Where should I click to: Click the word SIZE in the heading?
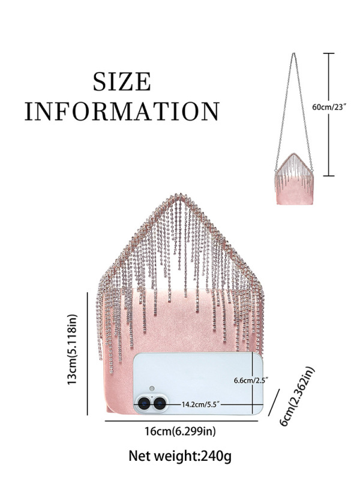point(121,82)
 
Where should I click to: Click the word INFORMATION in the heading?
point(121,112)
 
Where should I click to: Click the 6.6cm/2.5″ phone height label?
point(250,380)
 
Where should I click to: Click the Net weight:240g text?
point(180,457)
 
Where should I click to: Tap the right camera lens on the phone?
point(160,404)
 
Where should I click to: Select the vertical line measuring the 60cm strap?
point(328,114)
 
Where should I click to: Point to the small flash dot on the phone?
point(152,388)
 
